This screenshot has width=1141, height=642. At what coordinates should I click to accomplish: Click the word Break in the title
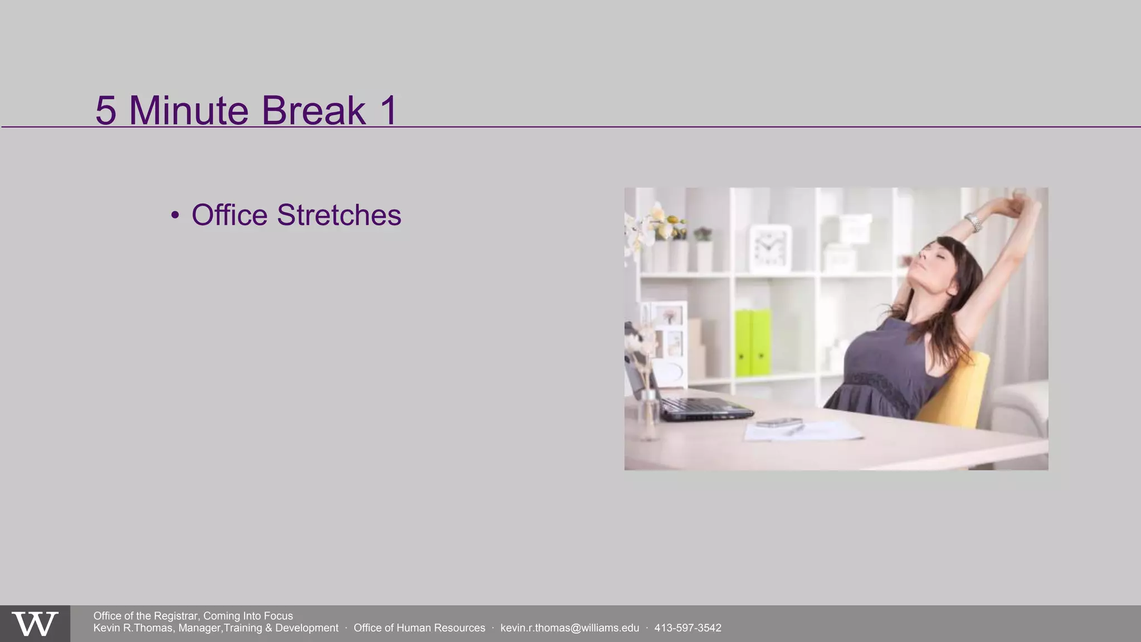314,110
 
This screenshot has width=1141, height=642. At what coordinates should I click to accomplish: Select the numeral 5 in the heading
106,110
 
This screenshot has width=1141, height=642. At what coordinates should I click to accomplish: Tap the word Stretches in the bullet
339,215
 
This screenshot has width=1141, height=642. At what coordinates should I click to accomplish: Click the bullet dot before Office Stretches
175,215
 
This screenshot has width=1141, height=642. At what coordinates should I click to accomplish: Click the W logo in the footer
35,624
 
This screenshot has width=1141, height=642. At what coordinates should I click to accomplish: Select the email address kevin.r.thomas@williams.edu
569,628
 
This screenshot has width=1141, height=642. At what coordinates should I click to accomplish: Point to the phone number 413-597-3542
687,628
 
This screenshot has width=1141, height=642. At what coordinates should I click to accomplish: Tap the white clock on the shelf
771,246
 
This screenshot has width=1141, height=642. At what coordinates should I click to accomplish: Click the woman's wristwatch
974,222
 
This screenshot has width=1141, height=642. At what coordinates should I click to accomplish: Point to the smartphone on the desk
779,423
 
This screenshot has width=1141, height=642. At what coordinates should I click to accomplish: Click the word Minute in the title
188,110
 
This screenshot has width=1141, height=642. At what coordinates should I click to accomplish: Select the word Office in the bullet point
230,215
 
